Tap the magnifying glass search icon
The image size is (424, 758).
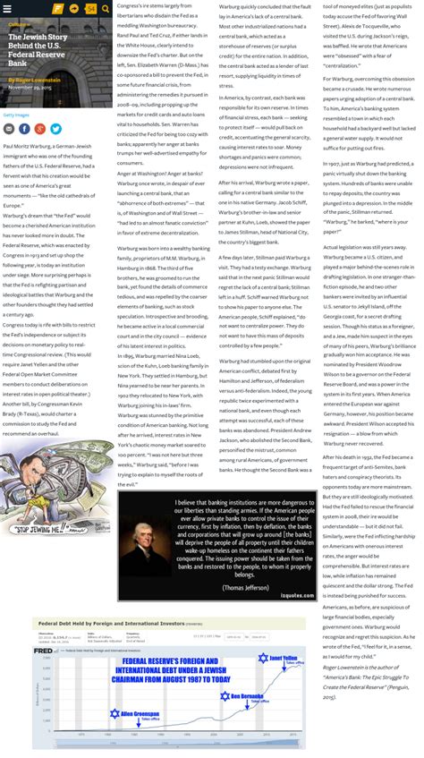coord(105,9)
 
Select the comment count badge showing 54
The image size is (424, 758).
coord(90,9)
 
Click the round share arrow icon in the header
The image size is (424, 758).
coord(74,9)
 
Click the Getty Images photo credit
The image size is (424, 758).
coord(15,115)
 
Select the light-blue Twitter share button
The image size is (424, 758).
coord(55,129)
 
